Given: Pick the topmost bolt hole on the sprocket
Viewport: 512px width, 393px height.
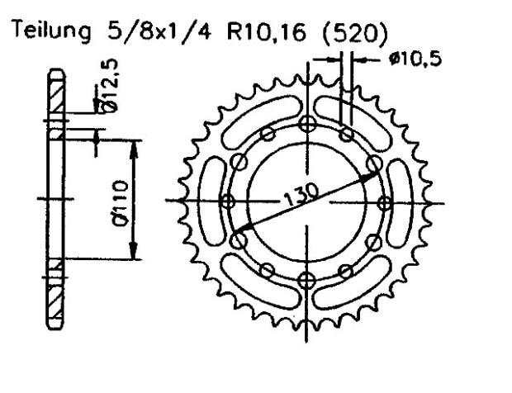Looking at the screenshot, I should pos(308,124).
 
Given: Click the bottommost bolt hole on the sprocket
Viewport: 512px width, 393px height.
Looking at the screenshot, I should pos(308,277).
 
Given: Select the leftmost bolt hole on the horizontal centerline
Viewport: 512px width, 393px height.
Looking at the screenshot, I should pos(230,201).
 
